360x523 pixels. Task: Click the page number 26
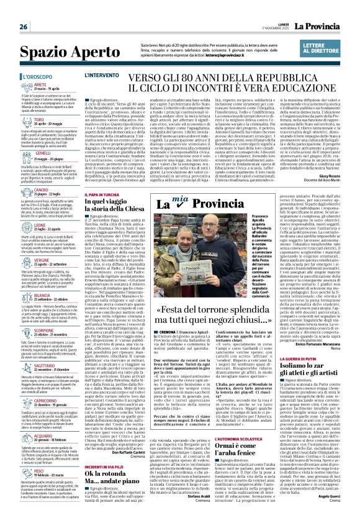coord(23,27)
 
